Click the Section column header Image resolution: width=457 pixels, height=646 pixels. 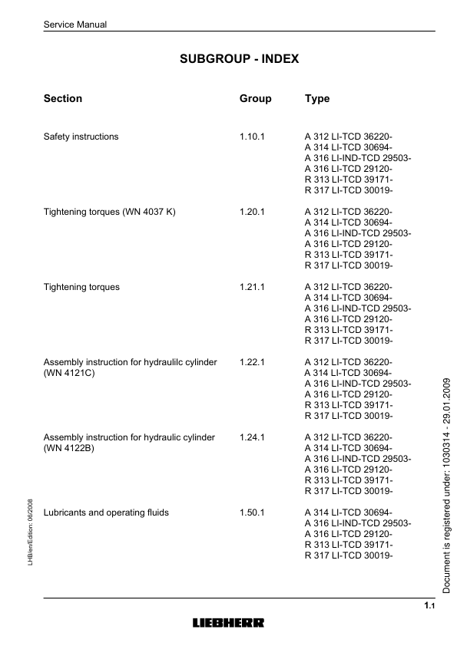(63, 99)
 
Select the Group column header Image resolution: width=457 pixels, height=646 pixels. (255, 99)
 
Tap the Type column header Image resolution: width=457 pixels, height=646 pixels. (317, 99)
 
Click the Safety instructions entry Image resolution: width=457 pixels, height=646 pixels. (81, 137)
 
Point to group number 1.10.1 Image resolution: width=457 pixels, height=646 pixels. (252, 137)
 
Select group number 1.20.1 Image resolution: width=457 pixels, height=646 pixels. (252, 212)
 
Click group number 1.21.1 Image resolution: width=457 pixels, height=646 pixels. (252, 287)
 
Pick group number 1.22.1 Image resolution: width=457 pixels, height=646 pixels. (252, 362)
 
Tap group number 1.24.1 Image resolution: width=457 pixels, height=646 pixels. (252, 437)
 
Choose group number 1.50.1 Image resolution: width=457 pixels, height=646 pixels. (252, 513)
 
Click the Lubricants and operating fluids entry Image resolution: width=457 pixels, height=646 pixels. (106, 513)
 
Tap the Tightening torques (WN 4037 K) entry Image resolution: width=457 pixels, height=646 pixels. (110, 212)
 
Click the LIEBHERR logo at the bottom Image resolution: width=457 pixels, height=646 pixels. (228, 622)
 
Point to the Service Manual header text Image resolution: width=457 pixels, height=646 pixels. (75, 25)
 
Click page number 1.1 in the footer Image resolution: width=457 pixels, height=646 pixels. (429, 607)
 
